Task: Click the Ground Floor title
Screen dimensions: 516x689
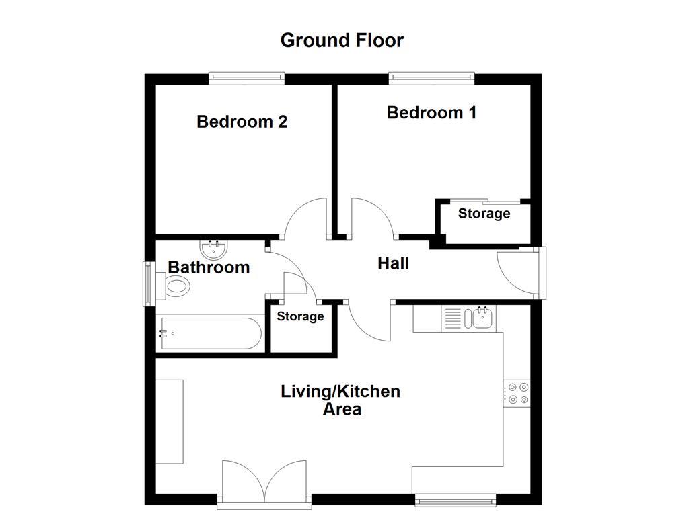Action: coord(342,40)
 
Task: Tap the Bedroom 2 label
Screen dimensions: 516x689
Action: coord(242,122)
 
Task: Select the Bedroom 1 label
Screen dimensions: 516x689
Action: coord(431,112)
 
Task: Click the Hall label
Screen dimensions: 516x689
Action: coord(393,264)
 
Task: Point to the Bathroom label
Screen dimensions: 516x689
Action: coord(209,267)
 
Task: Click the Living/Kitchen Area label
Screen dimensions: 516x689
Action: coord(340,400)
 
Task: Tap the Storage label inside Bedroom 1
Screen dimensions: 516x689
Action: coord(484,214)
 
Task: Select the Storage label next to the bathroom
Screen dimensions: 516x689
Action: coord(300,316)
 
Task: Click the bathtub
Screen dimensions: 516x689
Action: coord(209,333)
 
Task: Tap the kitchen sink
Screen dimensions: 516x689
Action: coord(482,318)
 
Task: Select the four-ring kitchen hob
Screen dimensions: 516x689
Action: coord(518,393)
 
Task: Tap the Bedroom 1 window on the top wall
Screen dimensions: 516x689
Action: coord(431,79)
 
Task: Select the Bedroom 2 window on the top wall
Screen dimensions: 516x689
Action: coord(246,79)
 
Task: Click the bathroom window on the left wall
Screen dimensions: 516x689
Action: coord(149,284)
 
